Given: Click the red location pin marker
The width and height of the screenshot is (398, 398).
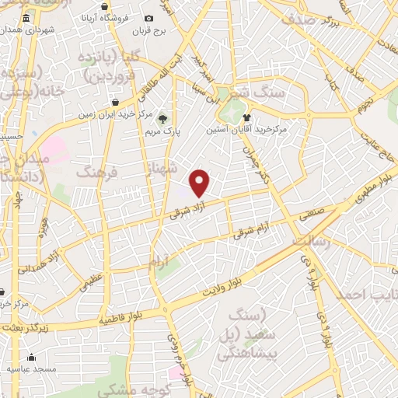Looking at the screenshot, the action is pos(200,183).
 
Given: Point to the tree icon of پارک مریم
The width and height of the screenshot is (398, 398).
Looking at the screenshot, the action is pos(162,119).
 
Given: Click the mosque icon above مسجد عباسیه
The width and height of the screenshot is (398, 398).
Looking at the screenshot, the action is pos(31,358).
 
